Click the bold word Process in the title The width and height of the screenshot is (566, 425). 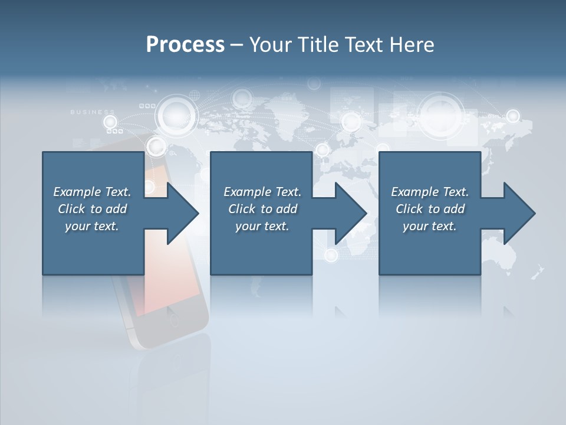coord(185,44)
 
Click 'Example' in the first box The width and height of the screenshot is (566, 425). coord(77,192)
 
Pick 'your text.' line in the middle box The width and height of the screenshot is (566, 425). coord(262,226)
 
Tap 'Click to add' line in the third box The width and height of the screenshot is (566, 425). coord(430,209)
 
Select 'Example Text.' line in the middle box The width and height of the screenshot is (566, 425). coord(262,192)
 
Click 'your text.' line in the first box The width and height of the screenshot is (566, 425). coord(91,226)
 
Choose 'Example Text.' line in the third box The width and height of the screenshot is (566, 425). coord(430,192)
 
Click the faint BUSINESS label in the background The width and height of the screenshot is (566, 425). coord(93,112)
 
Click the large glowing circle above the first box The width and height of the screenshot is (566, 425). coord(175,115)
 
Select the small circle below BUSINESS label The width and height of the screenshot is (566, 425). coord(110,122)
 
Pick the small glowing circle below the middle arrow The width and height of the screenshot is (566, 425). coord(331,255)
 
